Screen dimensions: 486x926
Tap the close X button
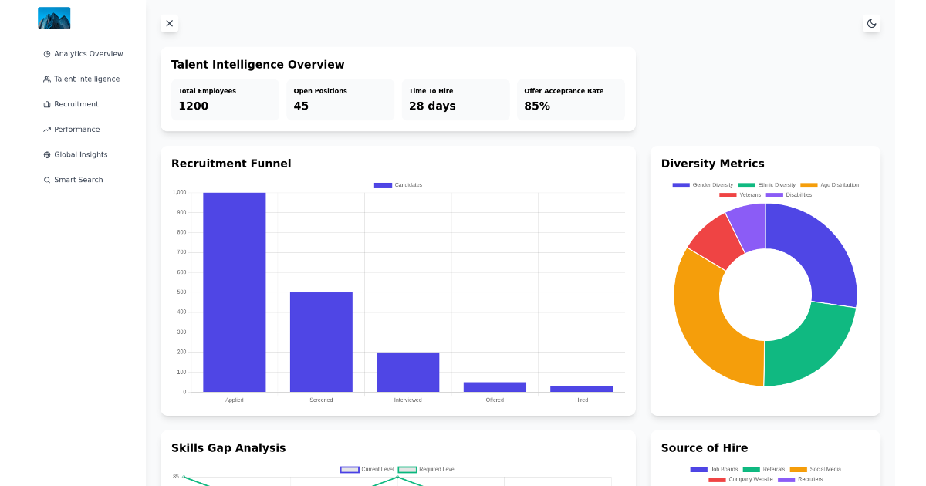click(x=170, y=23)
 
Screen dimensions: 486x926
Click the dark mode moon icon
click(x=871, y=23)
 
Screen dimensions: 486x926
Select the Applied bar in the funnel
click(x=235, y=292)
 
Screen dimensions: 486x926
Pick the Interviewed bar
click(x=408, y=372)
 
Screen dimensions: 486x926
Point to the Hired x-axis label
click(x=582, y=400)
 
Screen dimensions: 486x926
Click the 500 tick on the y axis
click(x=181, y=292)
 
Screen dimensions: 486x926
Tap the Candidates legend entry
click(x=398, y=185)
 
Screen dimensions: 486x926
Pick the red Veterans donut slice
click(x=713, y=240)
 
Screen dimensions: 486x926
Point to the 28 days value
click(x=432, y=106)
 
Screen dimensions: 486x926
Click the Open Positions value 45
click(x=301, y=106)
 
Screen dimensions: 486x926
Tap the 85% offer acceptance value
click(x=537, y=106)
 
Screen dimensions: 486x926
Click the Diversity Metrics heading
click(x=712, y=164)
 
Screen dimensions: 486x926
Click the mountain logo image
click(x=54, y=18)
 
